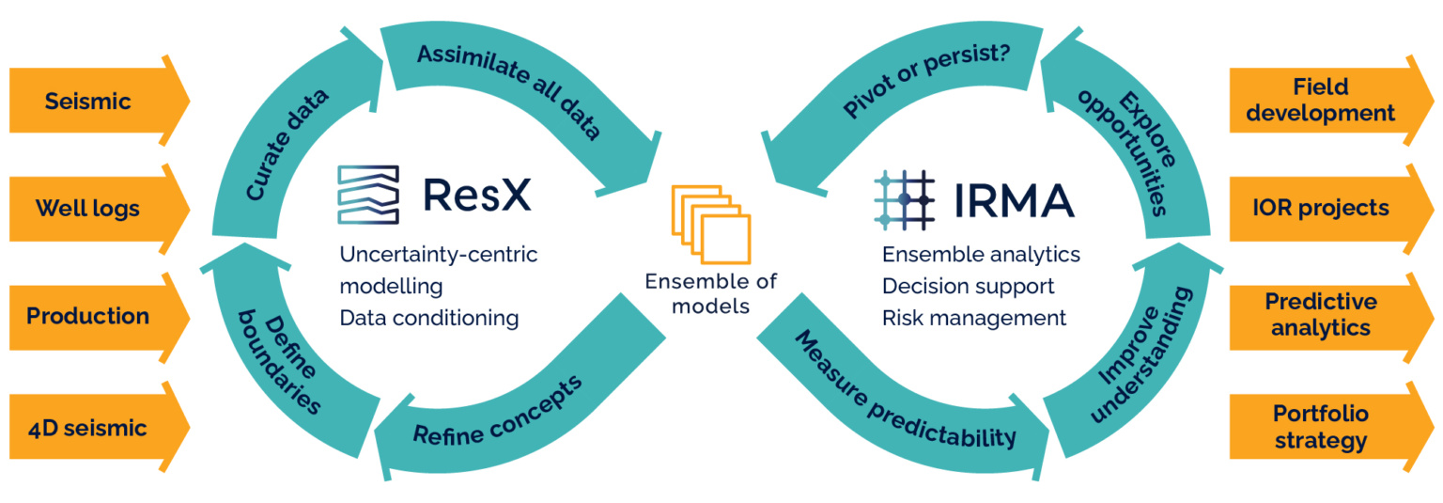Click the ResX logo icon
(368, 196)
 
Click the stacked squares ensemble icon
(711, 226)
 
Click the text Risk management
(973, 318)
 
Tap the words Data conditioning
(428, 318)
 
